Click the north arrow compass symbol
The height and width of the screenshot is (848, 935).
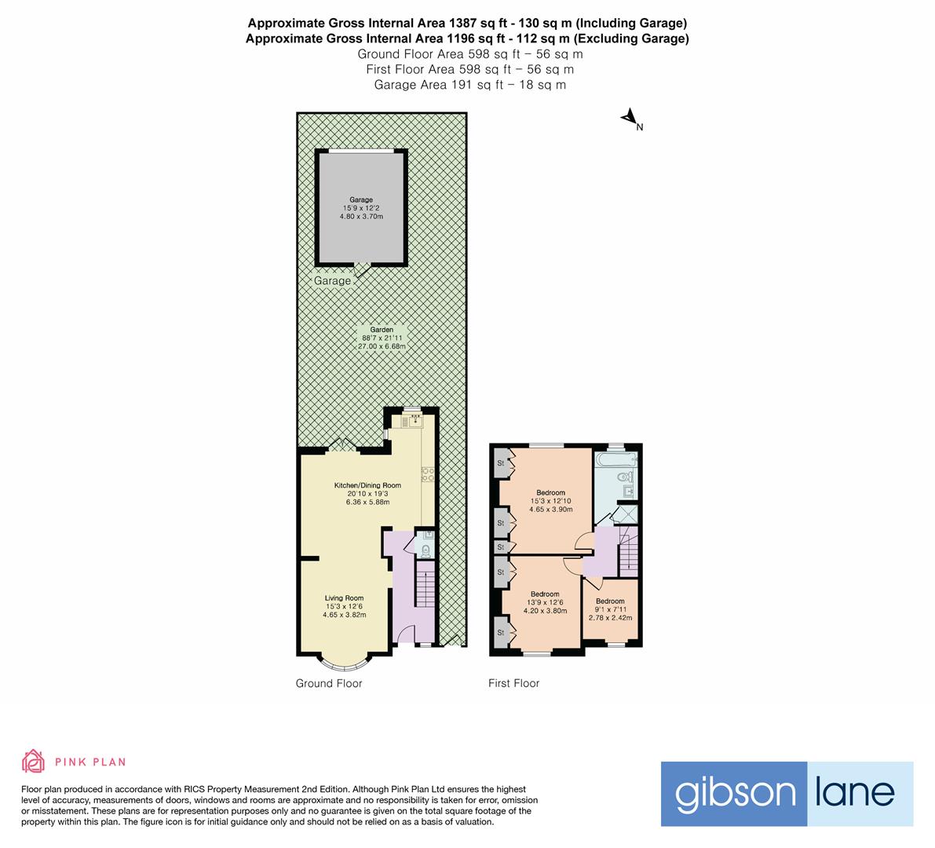click(x=630, y=119)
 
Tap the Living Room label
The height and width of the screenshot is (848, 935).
click(x=344, y=598)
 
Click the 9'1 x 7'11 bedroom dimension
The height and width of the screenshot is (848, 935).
click(x=610, y=609)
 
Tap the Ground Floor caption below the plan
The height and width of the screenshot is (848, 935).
click(x=329, y=684)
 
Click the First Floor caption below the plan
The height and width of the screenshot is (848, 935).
click(x=514, y=684)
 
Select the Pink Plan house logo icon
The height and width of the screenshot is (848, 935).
click(x=34, y=761)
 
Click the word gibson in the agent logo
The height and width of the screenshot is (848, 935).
click(x=735, y=793)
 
